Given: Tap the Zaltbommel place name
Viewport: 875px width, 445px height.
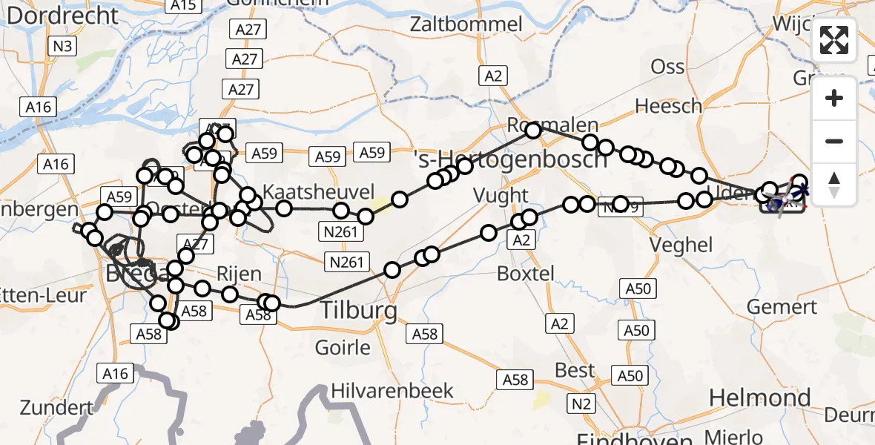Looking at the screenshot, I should pyautogui.click(x=468, y=24).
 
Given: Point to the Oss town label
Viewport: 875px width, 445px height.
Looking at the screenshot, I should pyautogui.click(x=667, y=67).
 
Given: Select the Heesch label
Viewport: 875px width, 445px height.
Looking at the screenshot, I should pyautogui.click(x=668, y=106).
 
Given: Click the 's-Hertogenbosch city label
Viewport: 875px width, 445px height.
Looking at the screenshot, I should pyautogui.click(x=510, y=159).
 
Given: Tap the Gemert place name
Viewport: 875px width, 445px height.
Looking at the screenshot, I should pyautogui.click(x=782, y=306).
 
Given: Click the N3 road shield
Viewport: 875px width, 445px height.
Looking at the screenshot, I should pyautogui.click(x=62, y=47).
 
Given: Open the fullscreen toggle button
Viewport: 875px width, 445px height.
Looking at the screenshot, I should pyautogui.click(x=834, y=40).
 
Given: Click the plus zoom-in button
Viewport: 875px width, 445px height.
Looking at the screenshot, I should pyautogui.click(x=834, y=99).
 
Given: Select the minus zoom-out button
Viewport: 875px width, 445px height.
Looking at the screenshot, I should pyautogui.click(x=834, y=141).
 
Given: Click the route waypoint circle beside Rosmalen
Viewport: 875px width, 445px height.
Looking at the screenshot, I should pyautogui.click(x=534, y=131).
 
